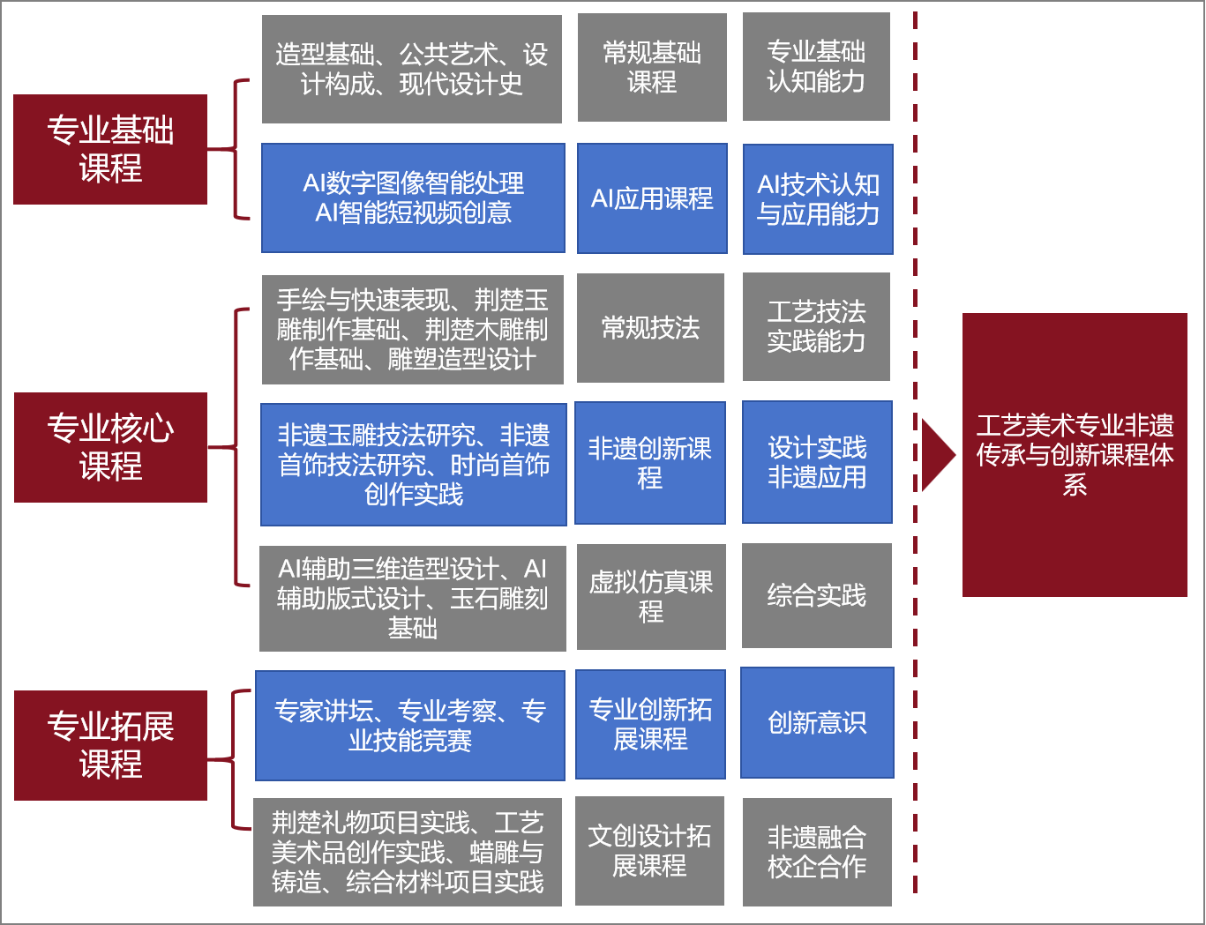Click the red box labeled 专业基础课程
[110, 149]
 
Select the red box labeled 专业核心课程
[110, 447]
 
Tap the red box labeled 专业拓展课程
[110, 745]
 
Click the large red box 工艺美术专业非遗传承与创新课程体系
[1075, 454]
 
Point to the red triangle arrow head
[937, 455]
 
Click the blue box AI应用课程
[652, 198]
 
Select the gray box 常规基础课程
[652, 67]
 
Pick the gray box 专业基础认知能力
[816, 67]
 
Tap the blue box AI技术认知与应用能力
[818, 199]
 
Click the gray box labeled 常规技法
[650, 328]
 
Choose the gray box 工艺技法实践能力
[816, 326]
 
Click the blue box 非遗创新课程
[650, 463]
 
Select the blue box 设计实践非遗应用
[817, 462]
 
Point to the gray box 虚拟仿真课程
[651, 596]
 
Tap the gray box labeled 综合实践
[817, 595]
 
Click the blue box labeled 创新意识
[817, 722]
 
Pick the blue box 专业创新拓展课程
[650, 724]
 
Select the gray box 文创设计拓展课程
[649, 851]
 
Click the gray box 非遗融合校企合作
[817, 852]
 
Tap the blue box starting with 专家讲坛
[410, 726]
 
